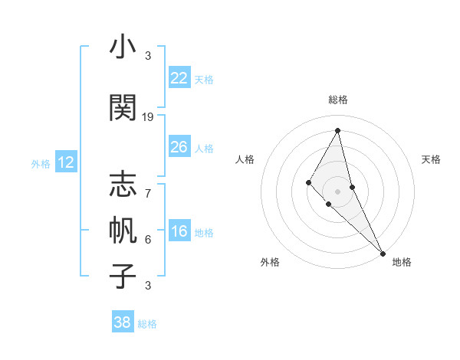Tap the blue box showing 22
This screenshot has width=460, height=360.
[x=179, y=78]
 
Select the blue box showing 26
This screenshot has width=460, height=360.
[x=179, y=147]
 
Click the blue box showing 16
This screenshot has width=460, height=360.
[x=179, y=232]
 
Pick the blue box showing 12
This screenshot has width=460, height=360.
[x=65, y=162]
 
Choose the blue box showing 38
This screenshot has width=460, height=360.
[x=123, y=322]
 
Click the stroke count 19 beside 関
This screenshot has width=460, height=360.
[x=148, y=117]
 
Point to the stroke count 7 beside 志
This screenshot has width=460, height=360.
[x=148, y=185]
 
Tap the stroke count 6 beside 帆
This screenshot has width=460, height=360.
[x=148, y=240]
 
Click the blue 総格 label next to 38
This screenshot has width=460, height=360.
[x=147, y=324]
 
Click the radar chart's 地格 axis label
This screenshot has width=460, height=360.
[x=402, y=262]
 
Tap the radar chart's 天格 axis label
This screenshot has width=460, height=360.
[x=431, y=159]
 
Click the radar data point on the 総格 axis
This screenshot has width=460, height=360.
[x=337, y=130]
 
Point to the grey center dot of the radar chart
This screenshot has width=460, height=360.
[x=337, y=191]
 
